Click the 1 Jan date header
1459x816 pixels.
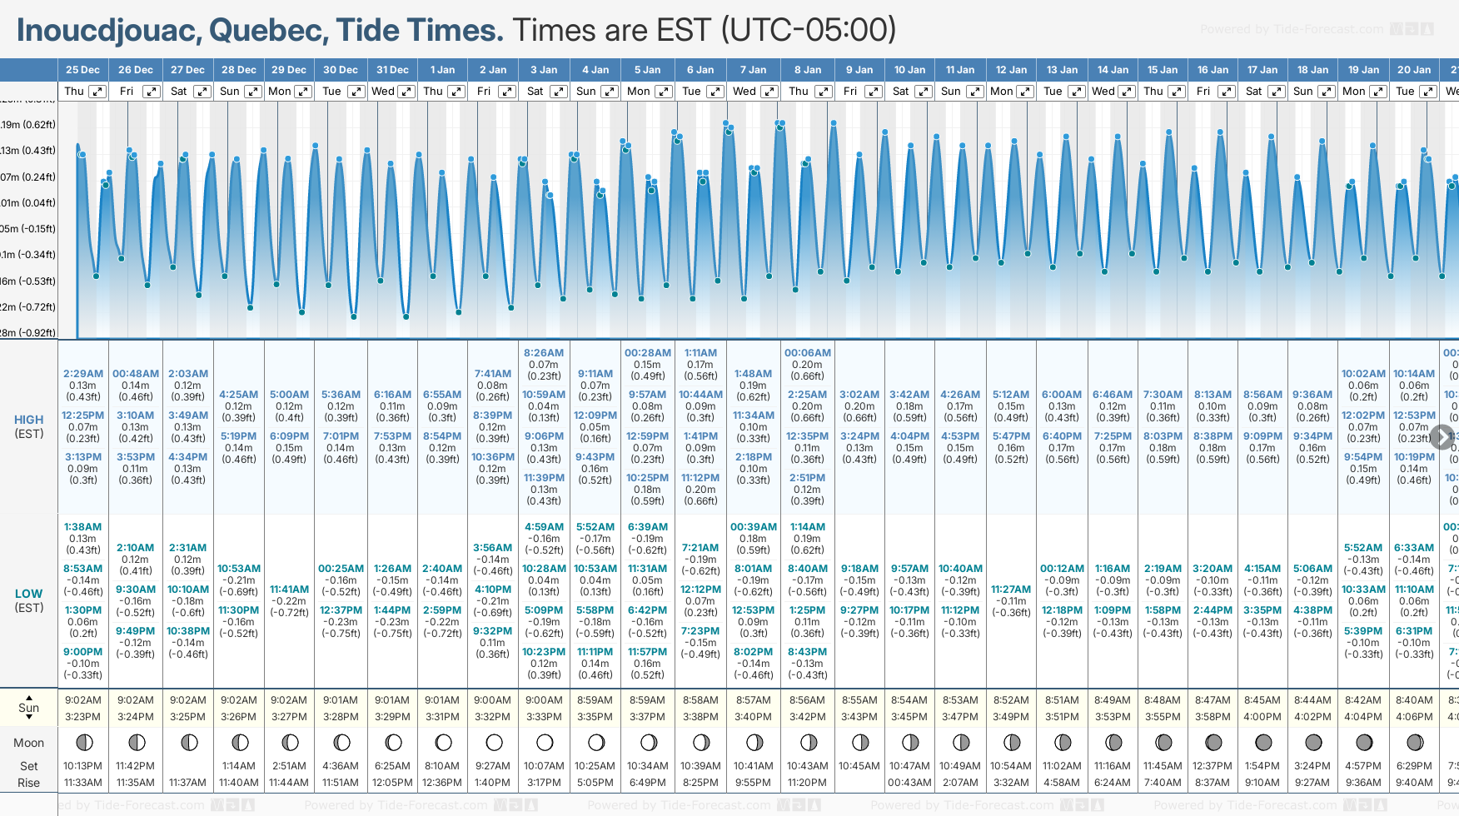(x=442, y=70)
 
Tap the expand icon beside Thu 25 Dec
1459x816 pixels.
(x=97, y=92)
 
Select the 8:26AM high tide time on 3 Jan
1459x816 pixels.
(x=544, y=353)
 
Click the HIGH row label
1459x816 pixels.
(x=28, y=420)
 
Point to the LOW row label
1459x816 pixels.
(x=28, y=595)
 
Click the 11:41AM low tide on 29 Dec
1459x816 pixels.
(x=289, y=590)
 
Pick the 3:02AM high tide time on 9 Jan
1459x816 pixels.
(x=859, y=395)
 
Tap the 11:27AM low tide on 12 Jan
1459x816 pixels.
(x=1011, y=590)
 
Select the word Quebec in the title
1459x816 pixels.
(x=268, y=31)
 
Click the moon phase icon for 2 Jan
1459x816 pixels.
(x=494, y=742)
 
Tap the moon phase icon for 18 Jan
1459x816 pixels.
(x=1313, y=742)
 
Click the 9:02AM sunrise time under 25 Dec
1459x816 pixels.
(x=83, y=700)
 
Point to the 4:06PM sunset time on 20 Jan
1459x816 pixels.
(x=1414, y=717)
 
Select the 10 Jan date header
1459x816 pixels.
(x=909, y=70)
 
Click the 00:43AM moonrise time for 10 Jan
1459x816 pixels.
(x=909, y=783)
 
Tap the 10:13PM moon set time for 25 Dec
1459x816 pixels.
(x=83, y=766)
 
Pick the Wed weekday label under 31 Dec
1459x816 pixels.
(x=383, y=92)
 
